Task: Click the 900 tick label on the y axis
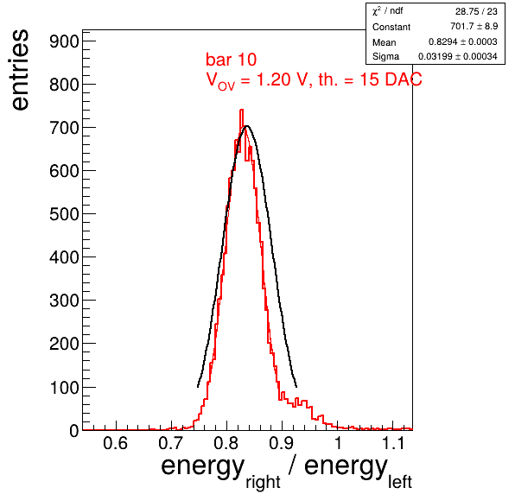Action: tap(64, 42)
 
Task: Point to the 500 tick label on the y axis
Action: tap(64, 215)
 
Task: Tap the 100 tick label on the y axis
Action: tap(64, 388)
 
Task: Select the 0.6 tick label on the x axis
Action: tap(115, 443)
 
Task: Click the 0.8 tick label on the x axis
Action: tap(226, 443)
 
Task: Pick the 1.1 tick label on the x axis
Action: tap(393, 443)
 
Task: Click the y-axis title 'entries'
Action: tap(21, 70)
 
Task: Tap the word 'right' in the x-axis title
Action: tap(263, 483)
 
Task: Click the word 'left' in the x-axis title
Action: tap(400, 482)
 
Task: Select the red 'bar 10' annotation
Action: tap(232, 60)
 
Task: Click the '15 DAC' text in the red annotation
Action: tap(391, 79)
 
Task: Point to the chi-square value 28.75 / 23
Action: tap(476, 11)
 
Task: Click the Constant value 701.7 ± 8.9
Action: tap(474, 26)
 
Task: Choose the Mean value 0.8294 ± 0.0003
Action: tap(463, 41)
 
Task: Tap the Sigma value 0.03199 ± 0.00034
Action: tap(457, 56)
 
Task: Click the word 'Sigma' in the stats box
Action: tap(385, 57)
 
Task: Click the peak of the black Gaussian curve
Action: tap(247, 126)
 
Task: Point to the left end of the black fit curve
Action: tap(198, 387)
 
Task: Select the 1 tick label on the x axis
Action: tap(338, 443)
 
